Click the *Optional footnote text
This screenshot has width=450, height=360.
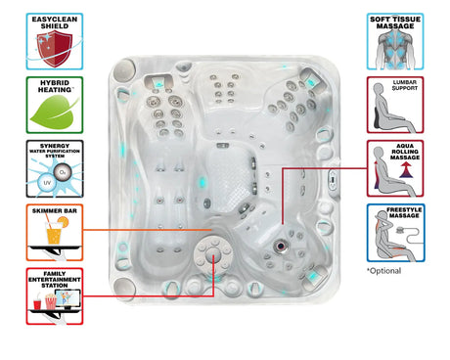click(384, 270)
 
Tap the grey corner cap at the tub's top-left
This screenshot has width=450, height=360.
click(124, 71)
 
